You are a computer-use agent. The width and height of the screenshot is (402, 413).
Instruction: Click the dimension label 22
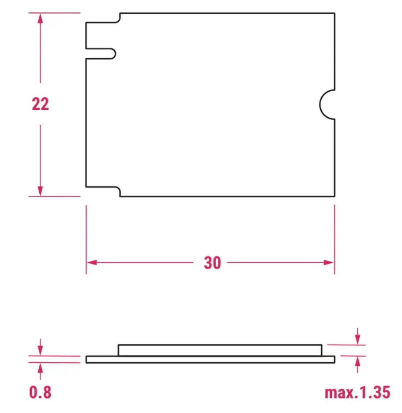(x=40, y=104)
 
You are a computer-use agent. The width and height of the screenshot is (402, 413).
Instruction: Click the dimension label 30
(x=212, y=263)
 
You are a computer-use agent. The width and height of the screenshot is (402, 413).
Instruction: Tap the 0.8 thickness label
(x=40, y=392)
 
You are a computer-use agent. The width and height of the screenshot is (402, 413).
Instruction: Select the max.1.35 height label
(x=357, y=392)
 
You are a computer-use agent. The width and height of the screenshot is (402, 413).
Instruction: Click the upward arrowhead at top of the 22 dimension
(x=40, y=19)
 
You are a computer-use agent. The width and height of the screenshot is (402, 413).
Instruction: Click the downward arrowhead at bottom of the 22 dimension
(x=40, y=191)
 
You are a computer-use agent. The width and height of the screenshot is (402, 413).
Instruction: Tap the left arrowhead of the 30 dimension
(x=92, y=262)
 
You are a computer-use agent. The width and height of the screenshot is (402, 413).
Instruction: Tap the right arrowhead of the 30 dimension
(x=329, y=262)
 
